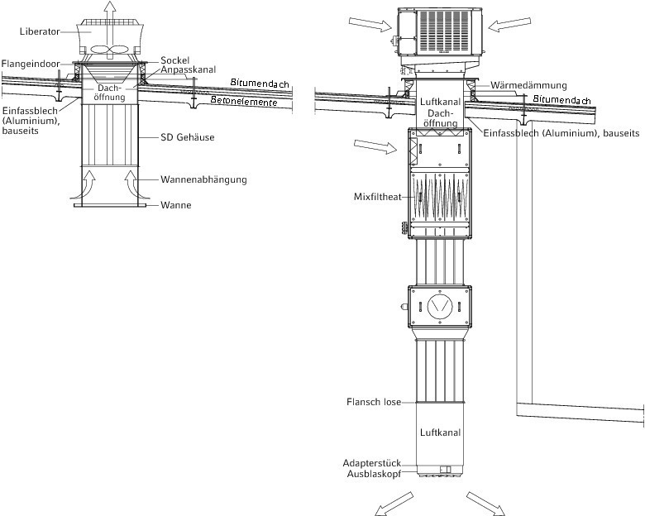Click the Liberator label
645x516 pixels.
click(x=40, y=31)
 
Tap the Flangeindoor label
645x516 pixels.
click(x=31, y=64)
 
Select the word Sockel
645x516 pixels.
click(x=174, y=60)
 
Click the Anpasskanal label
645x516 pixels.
click(x=188, y=69)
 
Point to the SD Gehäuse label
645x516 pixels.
click(x=188, y=137)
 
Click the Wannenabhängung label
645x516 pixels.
click(x=203, y=179)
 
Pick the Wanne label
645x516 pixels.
click(x=176, y=205)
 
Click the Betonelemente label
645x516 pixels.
click(x=244, y=101)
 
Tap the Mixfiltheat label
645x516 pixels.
click(x=378, y=197)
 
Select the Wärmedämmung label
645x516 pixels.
click(x=528, y=86)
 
